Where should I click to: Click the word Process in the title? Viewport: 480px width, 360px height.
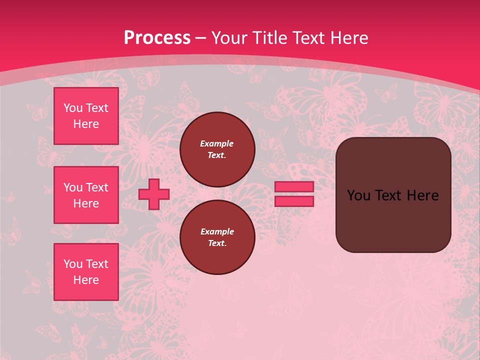click(157, 38)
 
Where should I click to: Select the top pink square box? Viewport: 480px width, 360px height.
click(86, 116)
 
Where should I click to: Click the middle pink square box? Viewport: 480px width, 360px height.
click(86, 195)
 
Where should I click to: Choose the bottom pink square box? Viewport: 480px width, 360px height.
click(86, 272)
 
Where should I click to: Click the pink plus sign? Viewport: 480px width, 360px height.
click(154, 194)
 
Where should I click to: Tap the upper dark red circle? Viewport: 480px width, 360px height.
click(217, 149)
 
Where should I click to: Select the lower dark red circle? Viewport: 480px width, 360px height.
click(217, 237)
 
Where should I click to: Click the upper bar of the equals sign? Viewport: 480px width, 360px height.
click(294, 186)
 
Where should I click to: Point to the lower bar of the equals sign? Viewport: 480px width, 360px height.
click(294, 201)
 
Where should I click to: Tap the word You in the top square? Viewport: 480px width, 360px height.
click(73, 108)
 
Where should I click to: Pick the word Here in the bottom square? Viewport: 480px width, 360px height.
click(86, 280)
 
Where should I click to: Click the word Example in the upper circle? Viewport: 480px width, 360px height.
click(217, 144)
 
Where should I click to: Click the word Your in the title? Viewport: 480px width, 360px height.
click(228, 38)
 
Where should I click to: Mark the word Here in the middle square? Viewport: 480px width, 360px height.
click(86, 203)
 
